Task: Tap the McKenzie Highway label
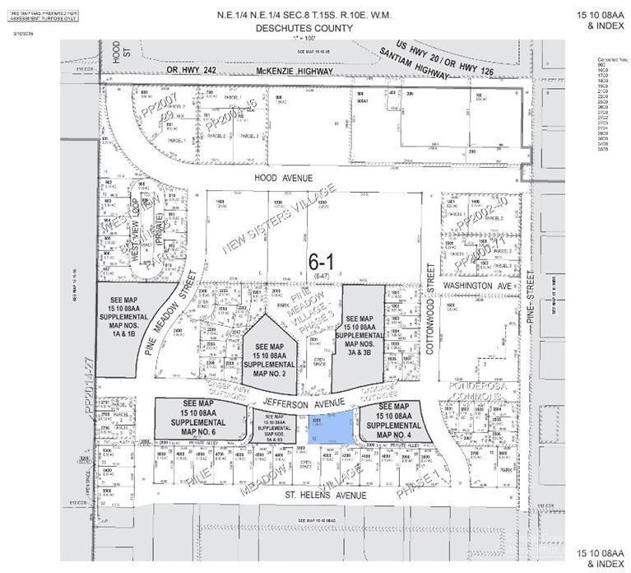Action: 292,72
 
